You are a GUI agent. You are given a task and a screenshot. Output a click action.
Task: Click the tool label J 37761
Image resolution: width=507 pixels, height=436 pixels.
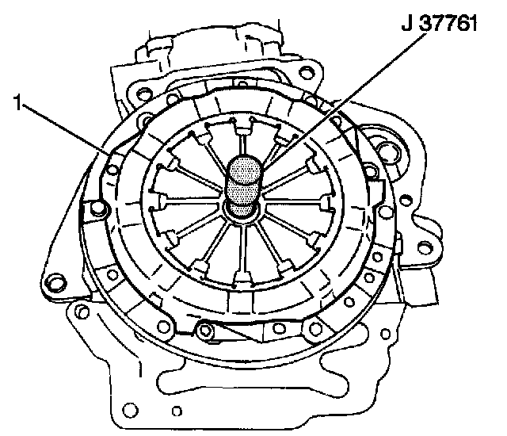click(439, 24)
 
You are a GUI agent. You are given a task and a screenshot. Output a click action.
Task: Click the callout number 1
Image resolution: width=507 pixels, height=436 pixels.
click(18, 102)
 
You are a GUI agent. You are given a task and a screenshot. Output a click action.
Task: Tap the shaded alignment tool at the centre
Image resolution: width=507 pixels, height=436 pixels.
click(243, 186)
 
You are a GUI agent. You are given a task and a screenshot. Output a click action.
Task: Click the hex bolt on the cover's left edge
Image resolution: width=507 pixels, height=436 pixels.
click(97, 208)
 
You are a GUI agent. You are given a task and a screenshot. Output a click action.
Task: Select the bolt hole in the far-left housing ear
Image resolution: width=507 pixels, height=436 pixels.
click(55, 281)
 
